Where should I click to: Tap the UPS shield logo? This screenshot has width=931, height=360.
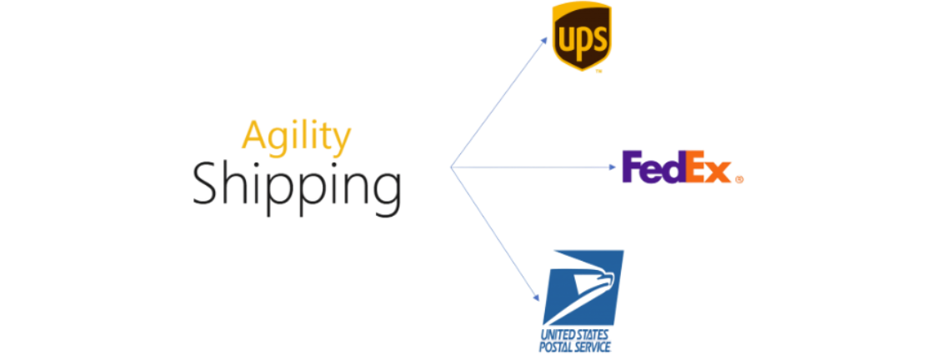[582, 36]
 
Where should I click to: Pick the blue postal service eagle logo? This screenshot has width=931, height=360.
[583, 288]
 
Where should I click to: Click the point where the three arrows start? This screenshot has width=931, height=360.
[451, 167]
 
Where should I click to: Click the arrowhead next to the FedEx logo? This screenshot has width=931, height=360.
[614, 167]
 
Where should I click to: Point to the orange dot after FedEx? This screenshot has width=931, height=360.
[740, 177]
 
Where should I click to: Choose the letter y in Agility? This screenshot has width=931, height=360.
[341, 141]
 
